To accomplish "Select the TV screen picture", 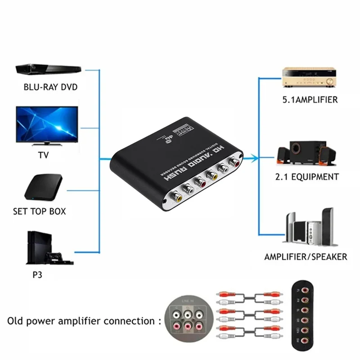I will point(47,122).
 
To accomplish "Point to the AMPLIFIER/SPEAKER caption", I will point(306,257).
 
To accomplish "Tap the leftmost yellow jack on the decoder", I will point(175,195).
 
